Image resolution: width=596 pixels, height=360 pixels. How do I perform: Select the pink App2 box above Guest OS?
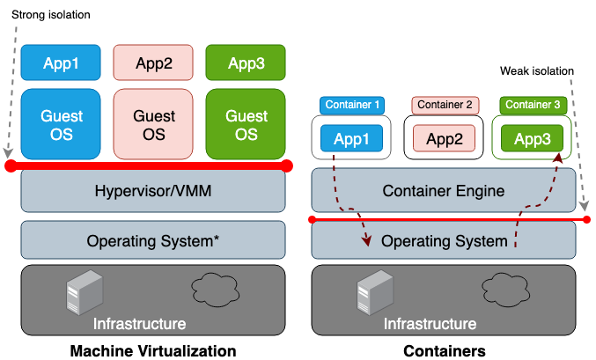(153, 62)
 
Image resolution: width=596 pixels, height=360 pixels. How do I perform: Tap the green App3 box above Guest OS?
(246, 62)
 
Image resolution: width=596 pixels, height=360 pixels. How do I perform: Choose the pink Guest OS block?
(153, 124)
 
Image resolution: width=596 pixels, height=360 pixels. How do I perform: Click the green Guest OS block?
(246, 124)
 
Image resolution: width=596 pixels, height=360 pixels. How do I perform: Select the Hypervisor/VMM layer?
(153, 190)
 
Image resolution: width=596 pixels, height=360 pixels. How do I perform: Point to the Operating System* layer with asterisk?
(153, 239)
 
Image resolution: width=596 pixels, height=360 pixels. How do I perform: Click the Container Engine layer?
(444, 190)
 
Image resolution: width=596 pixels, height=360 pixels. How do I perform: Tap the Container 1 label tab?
(352, 105)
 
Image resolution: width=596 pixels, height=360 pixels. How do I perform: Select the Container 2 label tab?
(445, 105)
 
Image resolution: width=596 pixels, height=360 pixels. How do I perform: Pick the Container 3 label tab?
(533, 105)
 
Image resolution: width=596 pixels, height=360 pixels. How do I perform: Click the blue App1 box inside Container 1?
(352, 138)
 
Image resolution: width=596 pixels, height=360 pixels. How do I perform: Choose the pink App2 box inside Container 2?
(445, 138)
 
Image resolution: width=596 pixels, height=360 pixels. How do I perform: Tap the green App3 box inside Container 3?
(532, 138)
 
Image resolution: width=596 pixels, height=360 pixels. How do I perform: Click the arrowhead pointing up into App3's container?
(557, 160)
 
